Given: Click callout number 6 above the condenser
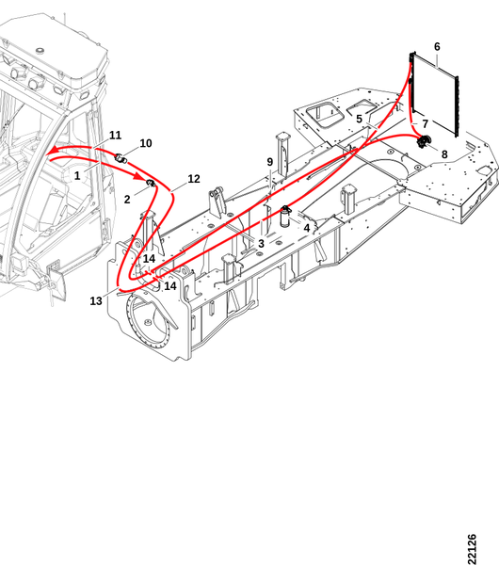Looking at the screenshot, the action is [x=437, y=47].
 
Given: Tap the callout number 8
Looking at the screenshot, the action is [x=444, y=154].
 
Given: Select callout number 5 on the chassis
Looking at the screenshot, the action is [x=359, y=119].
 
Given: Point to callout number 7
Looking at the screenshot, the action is [x=426, y=124].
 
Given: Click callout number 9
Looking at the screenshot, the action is [x=270, y=162].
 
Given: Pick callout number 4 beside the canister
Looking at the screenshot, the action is [x=307, y=228].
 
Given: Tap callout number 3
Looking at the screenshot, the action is [x=261, y=244].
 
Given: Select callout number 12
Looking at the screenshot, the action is [x=193, y=179].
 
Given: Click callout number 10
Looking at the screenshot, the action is [x=146, y=143].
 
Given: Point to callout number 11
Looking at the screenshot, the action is [x=115, y=136].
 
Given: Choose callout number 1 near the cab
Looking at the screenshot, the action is [x=77, y=176].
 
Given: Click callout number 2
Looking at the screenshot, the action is [x=127, y=200].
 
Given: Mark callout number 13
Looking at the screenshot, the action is [x=96, y=301].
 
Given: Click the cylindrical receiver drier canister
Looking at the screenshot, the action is [x=285, y=217].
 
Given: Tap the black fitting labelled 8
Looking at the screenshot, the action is [x=424, y=141].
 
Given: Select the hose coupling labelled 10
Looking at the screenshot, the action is [x=121, y=158].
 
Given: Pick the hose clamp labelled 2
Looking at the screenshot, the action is [x=151, y=184].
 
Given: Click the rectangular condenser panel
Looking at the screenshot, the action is [x=434, y=95].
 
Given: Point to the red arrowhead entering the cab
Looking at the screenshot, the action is [x=53, y=151].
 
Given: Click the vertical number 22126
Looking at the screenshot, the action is [x=472, y=549].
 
